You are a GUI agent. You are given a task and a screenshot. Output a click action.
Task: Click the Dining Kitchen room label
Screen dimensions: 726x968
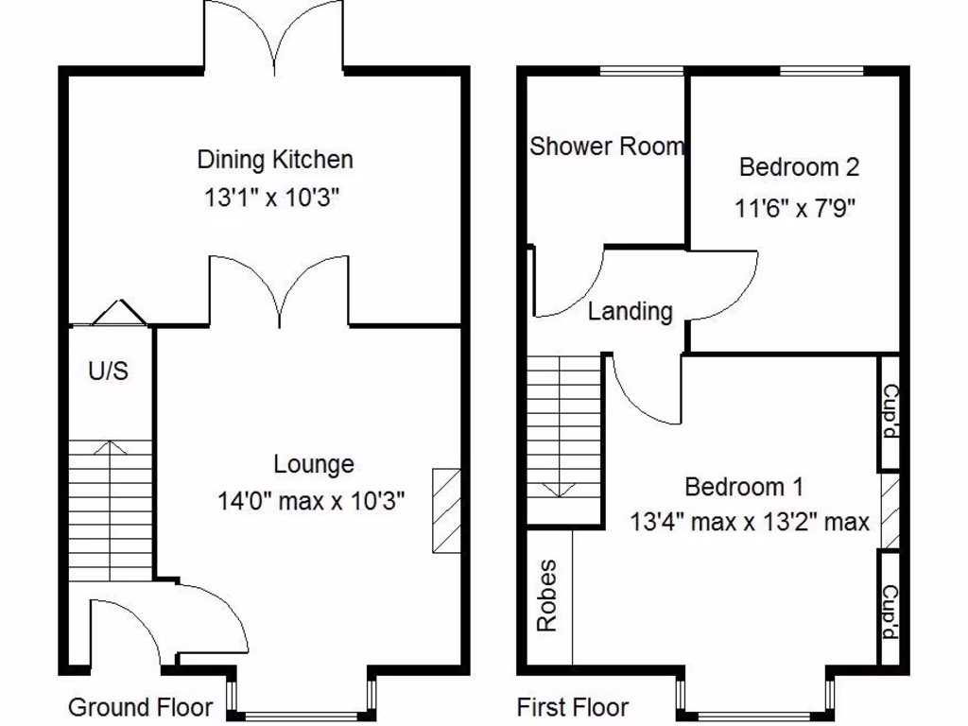coord(275,159)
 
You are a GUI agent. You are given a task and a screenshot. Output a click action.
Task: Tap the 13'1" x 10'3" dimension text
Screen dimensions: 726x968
coord(271,199)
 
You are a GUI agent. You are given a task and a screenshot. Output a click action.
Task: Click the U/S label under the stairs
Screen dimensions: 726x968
coord(108,372)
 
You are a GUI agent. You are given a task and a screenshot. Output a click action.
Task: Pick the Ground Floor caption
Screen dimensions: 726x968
coord(140,707)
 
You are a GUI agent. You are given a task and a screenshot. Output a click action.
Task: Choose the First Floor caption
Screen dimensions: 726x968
coord(572,707)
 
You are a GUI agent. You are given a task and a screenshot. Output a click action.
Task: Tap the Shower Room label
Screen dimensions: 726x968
coord(606,147)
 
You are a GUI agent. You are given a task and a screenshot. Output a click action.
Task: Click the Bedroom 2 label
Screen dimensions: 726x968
coord(799,167)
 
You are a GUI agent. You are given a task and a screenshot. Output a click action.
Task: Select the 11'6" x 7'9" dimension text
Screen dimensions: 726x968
coord(795,208)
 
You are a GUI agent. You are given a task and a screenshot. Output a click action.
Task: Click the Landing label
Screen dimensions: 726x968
coord(631,311)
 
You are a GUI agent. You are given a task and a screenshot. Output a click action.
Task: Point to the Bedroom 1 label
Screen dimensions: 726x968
coord(744,487)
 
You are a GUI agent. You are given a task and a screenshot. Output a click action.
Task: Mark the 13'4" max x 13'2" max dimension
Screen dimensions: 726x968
coord(750,522)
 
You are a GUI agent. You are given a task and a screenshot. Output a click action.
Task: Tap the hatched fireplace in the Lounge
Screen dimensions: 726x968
coord(445,510)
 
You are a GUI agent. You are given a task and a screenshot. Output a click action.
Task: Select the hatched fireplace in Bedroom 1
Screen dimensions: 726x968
coord(889,511)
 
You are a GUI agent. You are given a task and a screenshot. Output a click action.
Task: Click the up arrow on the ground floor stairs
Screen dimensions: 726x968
coord(111,449)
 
